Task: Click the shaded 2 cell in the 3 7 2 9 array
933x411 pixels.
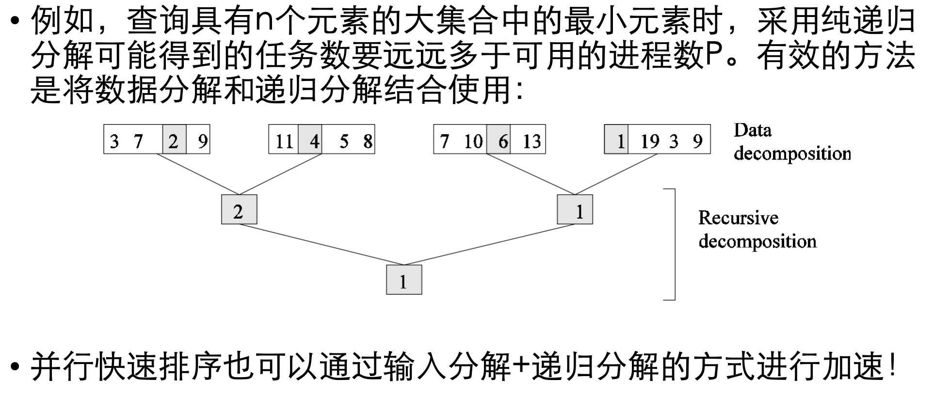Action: pyautogui.click(x=174, y=140)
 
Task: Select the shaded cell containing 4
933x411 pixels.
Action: pyautogui.click(x=310, y=140)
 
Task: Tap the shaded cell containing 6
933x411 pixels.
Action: pyautogui.click(x=499, y=140)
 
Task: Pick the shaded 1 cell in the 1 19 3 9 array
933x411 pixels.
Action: pyautogui.click(x=616, y=140)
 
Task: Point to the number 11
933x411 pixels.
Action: pyautogui.click(x=284, y=142)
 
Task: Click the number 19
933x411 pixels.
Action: pyautogui.click(x=650, y=142)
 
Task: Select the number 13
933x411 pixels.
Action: pyautogui.click(x=531, y=142)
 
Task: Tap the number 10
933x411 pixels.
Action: pyautogui.click(x=473, y=142)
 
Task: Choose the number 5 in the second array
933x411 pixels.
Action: pyautogui.click(x=344, y=142)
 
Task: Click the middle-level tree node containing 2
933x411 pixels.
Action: pyautogui.click(x=239, y=210)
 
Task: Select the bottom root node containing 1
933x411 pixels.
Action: pyautogui.click(x=404, y=280)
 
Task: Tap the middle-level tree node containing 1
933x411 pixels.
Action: pyautogui.click(x=575, y=210)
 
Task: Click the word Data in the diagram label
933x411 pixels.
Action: pyautogui.click(x=752, y=130)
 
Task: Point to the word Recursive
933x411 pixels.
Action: pyautogui.click(x=738, y=218)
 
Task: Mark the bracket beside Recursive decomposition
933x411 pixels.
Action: pyautogui.click(x=674, y=244)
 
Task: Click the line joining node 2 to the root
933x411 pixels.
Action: pyautogui.click(x=320, y=245)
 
